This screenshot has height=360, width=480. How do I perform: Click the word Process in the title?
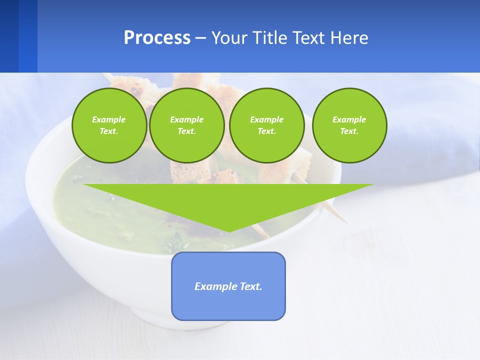tap(157, 38)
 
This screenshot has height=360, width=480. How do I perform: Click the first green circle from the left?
tap(109, 125)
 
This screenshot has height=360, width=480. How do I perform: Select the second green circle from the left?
tap(187, 125)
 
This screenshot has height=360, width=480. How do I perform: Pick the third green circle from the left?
tap(267, 125)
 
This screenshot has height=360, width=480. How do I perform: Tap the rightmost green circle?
tap(349, 125)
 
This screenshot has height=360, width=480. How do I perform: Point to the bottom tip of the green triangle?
tap(228, 231)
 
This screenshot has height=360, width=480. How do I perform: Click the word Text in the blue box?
tap(251, 286)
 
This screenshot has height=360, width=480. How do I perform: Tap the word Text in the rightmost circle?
tap(349, 131)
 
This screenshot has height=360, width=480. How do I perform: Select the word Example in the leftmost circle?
tap(109, 119)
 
